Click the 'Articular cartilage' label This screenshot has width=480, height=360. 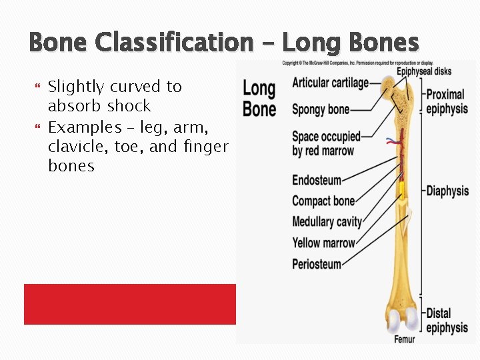[x=330, y=83]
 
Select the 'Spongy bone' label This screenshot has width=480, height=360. [x=320, y=109]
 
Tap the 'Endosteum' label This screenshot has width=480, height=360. [x=316, y=180]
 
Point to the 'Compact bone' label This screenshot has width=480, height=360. [x=323, y=201]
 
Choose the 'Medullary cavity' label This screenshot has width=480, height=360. [x=327, y=222]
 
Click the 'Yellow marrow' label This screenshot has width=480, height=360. [x=323, y=243]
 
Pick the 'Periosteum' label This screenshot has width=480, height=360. [x=316, y=264]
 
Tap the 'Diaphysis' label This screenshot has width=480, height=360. [x=447, y=191]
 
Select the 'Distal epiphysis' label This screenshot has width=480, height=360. [x=447, y=320]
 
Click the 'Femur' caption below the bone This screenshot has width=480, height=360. [x=404, y=339]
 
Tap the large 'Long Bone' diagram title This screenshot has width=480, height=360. [x=259, y=98]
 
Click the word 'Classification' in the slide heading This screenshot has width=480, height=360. [x=174, y=43]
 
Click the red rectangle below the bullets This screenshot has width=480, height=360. [x=130, y=304]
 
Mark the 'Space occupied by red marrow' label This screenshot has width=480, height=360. [x=325, y=143]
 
